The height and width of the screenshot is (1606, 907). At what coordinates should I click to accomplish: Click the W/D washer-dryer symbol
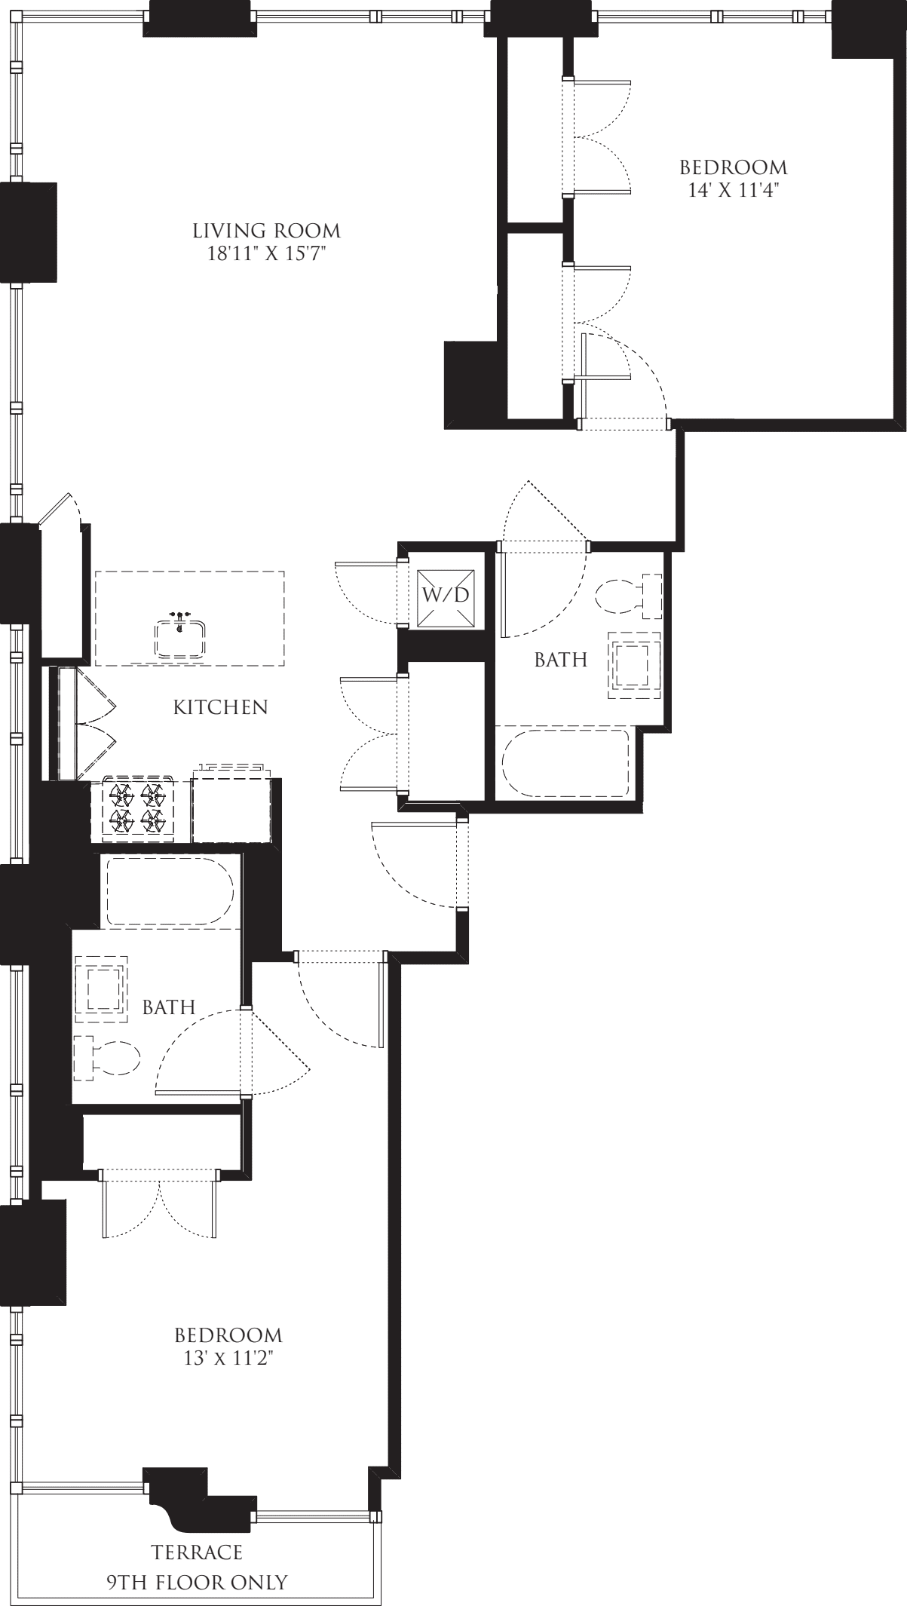coord(445,595)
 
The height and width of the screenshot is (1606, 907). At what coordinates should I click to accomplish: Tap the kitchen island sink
coord(180,637)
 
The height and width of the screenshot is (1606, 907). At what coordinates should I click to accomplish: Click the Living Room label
coord(266,230)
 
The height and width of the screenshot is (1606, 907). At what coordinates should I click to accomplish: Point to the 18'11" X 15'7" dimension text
coord(266,253)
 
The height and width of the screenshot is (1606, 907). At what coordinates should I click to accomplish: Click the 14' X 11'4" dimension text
coord(733,190)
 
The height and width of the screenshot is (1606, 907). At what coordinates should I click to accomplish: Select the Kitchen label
coord(220,707)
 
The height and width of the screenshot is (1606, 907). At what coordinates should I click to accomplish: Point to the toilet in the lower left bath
coord(106,1057)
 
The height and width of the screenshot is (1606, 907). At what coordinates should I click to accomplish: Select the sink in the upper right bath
coord(633,664)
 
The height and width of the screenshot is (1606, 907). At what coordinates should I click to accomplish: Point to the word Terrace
coord(198,1552)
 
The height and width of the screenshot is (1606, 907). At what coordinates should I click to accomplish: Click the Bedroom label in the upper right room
coord(733,167)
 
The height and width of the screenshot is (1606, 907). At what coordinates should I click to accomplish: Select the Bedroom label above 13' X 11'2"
coord(228,1336)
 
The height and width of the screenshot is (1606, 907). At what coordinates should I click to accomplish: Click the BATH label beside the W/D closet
coord(560,660)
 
